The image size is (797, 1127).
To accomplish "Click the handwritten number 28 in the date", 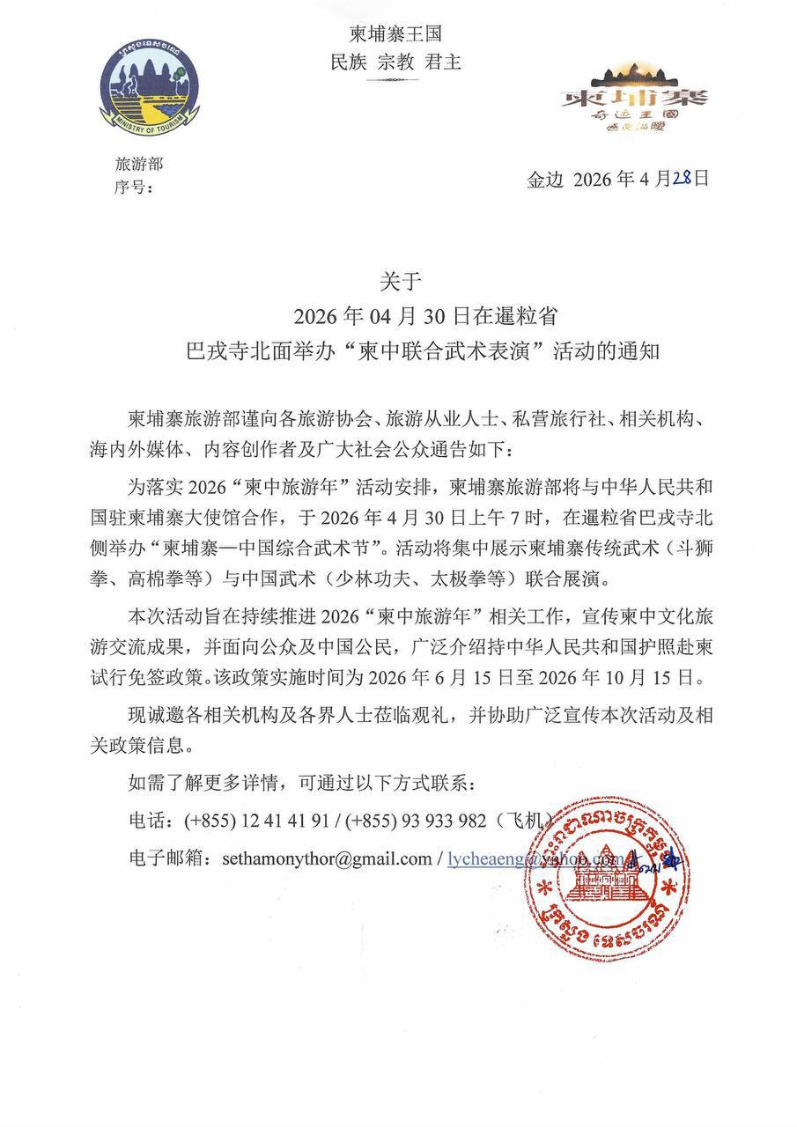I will tap(682, 177).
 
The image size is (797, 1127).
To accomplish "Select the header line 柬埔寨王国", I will tap(395, 36).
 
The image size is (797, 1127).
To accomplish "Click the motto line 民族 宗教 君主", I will tap(395, 63).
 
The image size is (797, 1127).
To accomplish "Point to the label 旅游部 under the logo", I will tap(138, 164).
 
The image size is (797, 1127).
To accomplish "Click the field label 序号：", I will tap(134, 187).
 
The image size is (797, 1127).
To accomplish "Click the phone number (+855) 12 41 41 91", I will tap(257, 821).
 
